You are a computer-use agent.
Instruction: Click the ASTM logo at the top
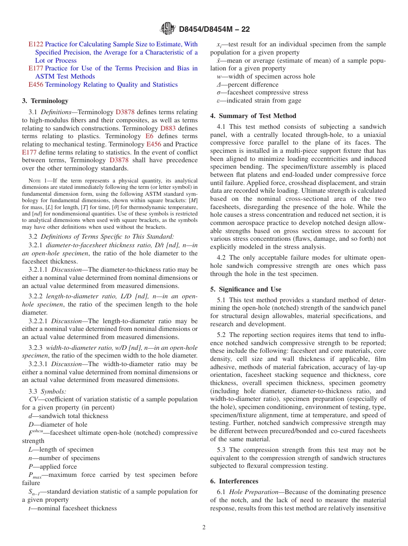click(x=167, y=29)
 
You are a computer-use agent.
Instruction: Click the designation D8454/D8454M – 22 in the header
click(x=214, y=29)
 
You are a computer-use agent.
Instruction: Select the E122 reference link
click(x=36, y=44)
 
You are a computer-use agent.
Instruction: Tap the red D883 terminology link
click(x=167, y=128)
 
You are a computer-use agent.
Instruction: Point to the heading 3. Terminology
click(x=45, y=101)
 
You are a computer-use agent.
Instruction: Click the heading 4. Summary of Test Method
click(x=253, y=116)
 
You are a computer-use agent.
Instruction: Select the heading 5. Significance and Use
click(x=246, y=289)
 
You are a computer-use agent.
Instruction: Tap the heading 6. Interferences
click(x=234, y=481)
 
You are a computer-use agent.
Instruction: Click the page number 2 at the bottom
click(x=204, y=528)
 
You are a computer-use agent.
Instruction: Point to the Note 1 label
click(x=40, y=181)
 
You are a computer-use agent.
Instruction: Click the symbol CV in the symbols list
click(x=27, y=399)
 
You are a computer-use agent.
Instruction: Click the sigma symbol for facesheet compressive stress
click(x=219, y=93)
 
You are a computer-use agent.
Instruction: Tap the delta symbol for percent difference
click(x=219, y=85)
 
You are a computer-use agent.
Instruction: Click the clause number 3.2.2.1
click(x=38, y=321)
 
